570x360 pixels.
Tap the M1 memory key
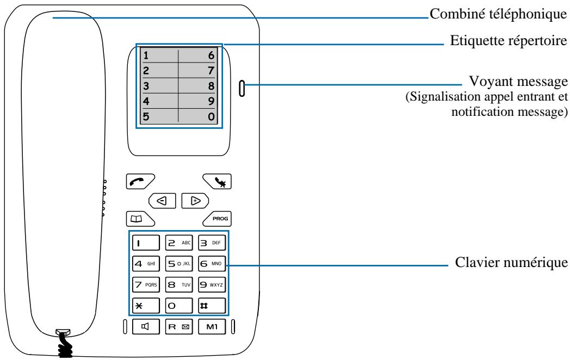212,326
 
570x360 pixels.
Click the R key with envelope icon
179,326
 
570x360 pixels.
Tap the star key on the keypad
146,306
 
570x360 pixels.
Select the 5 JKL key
179,264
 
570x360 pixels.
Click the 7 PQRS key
146,285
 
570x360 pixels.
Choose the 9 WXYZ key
212,285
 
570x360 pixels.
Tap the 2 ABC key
179,243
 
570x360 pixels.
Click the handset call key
140,182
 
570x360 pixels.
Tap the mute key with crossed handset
217,182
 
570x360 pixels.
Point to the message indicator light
241,88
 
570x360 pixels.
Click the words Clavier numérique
511,262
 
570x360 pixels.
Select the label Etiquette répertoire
508,40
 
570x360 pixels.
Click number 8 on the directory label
211,86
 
